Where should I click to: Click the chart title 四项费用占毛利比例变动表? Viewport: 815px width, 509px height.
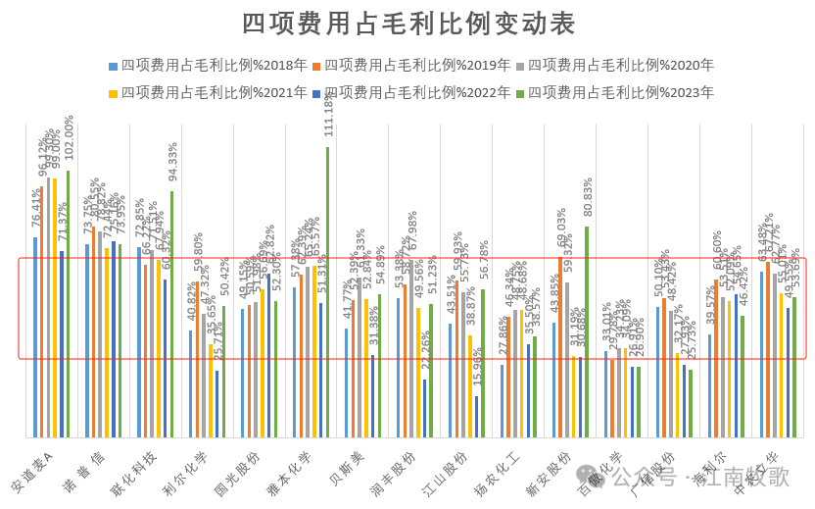coord(407,24)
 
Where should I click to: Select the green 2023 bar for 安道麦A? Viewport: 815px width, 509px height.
coord(68,304)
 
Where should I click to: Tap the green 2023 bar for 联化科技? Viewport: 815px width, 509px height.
coord(171,314)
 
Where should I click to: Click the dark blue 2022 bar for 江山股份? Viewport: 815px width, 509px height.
coord(476,417)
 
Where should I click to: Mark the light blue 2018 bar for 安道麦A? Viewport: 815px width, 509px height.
coord(35,337)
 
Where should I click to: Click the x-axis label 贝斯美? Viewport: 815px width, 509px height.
coord(348,466)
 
